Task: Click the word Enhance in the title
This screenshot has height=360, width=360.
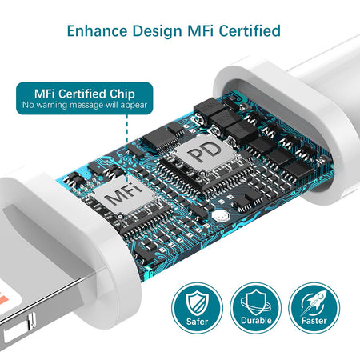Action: click(x=97, y=30)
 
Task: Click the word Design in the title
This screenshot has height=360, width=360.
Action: click(x=158, y=31)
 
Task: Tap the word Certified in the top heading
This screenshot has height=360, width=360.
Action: click(x=250, y=30)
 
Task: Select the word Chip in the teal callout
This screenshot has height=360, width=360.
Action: click(x=122, y=94)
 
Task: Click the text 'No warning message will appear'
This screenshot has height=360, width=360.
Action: click(x=85, y=105)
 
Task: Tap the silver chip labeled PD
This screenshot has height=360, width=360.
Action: click(x=205, y=152)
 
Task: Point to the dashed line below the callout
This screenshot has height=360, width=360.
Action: click(x=127, y=145)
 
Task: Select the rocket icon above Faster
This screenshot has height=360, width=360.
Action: click(x=314, y=302)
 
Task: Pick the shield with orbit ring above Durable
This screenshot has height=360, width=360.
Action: click(x=256, y=302)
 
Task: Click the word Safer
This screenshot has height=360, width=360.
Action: click(x=197, y=322)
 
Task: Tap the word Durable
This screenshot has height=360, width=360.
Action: click(x=256, y=320)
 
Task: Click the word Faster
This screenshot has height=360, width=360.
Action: click(x=314, y=320)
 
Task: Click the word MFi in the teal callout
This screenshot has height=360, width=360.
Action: click(x=45, y=94)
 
